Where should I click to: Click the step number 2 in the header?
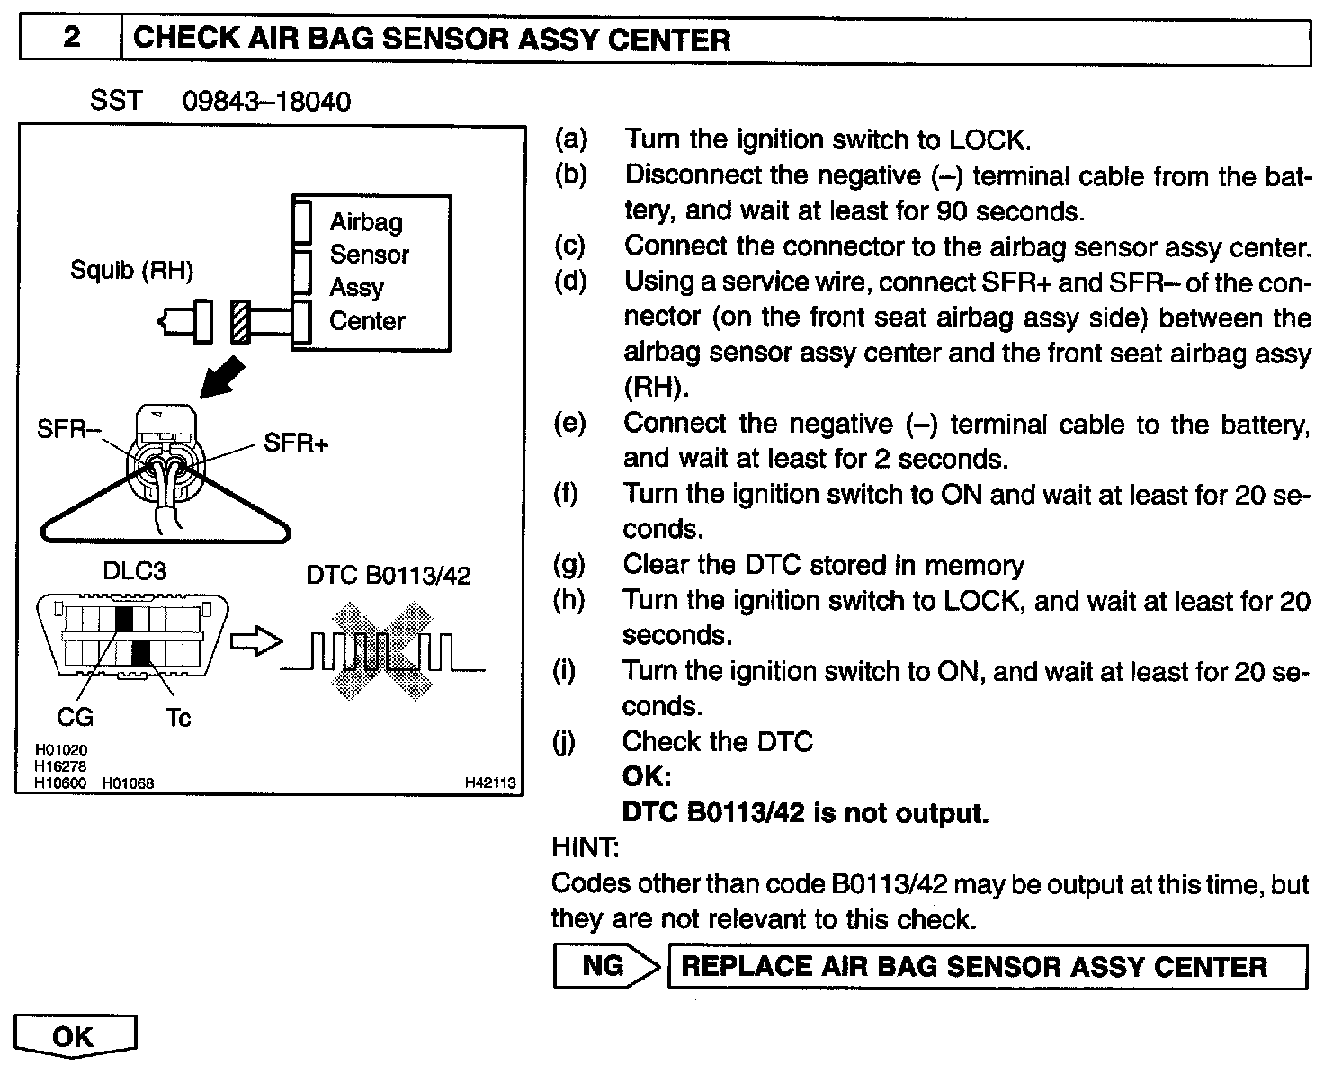click(70, 40)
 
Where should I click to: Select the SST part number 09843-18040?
click(266, 101)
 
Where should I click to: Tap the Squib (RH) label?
click(131, 270)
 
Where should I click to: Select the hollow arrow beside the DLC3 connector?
click(256, 641)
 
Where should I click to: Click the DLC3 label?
click(135, 572)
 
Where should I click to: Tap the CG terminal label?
click(75, 717)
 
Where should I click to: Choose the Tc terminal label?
click(178, 718)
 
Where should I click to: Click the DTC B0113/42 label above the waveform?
click(389, 575)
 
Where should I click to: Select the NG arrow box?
click(604, 966)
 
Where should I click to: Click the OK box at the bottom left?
click(74, 1036)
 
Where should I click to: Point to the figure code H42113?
click(490, 783)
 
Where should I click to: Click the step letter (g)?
click(568, 565)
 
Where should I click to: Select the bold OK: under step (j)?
click(647, 777)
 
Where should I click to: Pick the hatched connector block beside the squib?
click(239, 321)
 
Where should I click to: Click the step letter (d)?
click(569, 282)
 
